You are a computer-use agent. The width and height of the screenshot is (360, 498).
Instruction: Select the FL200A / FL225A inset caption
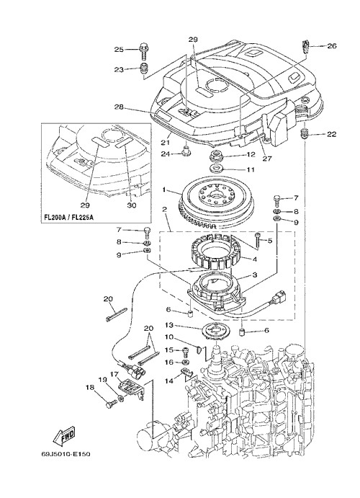tap(68, 218)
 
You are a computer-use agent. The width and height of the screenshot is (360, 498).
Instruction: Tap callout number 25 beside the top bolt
tap(119, 50)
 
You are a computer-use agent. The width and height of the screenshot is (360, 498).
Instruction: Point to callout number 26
tap(331, 46)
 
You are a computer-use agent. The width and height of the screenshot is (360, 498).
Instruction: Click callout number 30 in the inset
tap(131, 205)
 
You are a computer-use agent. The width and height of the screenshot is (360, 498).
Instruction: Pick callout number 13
tap(169, 325)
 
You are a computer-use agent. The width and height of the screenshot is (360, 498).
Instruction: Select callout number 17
tap(113, 374)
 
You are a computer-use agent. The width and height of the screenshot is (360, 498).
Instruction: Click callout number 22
tap(331, 134)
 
